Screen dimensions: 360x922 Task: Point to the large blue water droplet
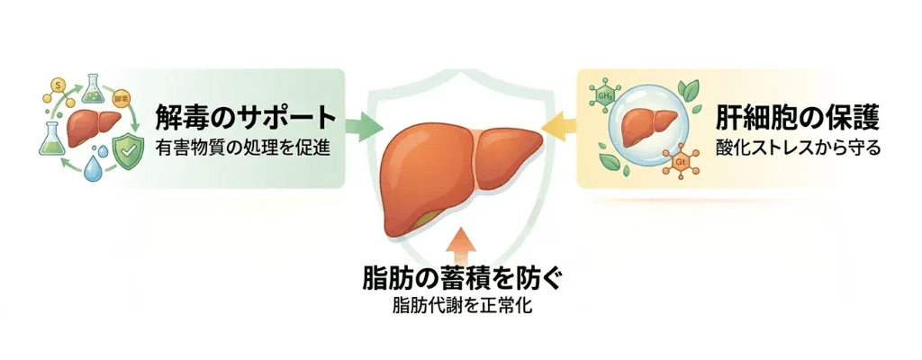(x=92, y=169)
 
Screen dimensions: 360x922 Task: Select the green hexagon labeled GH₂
(x=601, y=93)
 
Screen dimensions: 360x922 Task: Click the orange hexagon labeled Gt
(x=681, y=163)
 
